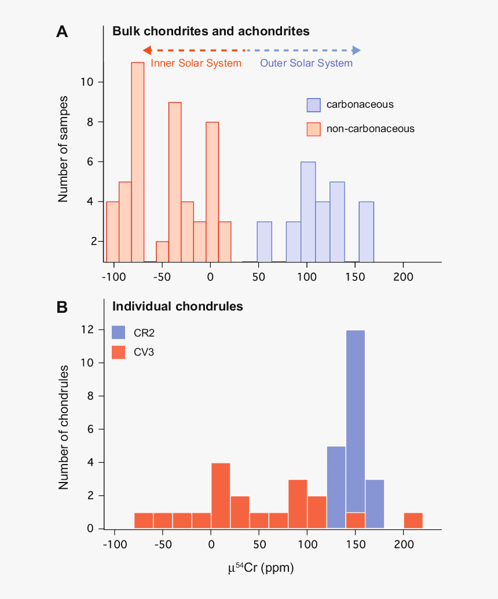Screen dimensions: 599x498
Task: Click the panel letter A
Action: [62, 32]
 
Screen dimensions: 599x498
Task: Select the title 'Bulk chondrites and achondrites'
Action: [211, 31]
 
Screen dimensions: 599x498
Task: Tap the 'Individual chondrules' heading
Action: [178, 306]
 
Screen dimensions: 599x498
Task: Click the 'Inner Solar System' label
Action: [196, 63]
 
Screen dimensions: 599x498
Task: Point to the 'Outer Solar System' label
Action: [306, 63]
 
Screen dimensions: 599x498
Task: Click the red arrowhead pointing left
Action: [147, 50]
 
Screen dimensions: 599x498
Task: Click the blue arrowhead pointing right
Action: [357, 50]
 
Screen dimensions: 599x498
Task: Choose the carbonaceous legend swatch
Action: [313, 105]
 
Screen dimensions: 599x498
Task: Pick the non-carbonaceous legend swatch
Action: [313, 129]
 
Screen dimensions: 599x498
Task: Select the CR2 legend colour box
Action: [118, 333]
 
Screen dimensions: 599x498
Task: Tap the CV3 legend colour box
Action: [118, 352]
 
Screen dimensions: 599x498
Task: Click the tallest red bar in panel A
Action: [137, 162]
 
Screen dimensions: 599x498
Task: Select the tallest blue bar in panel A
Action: [308, 211]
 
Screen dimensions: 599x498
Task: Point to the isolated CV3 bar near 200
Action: [413, 520]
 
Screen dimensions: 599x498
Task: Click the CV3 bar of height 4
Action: [221, 495]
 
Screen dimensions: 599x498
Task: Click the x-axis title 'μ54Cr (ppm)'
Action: [261, 568]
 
